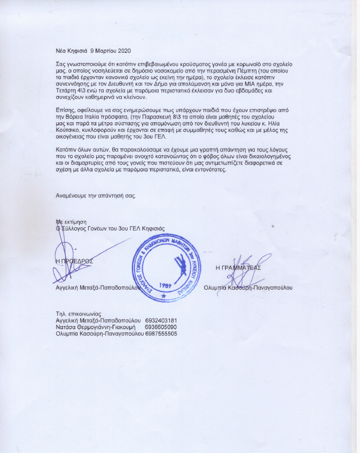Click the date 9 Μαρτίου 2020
tap(109, 50)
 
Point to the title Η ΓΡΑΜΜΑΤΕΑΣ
tap(238, 268)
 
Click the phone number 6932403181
tap(161, 320)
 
